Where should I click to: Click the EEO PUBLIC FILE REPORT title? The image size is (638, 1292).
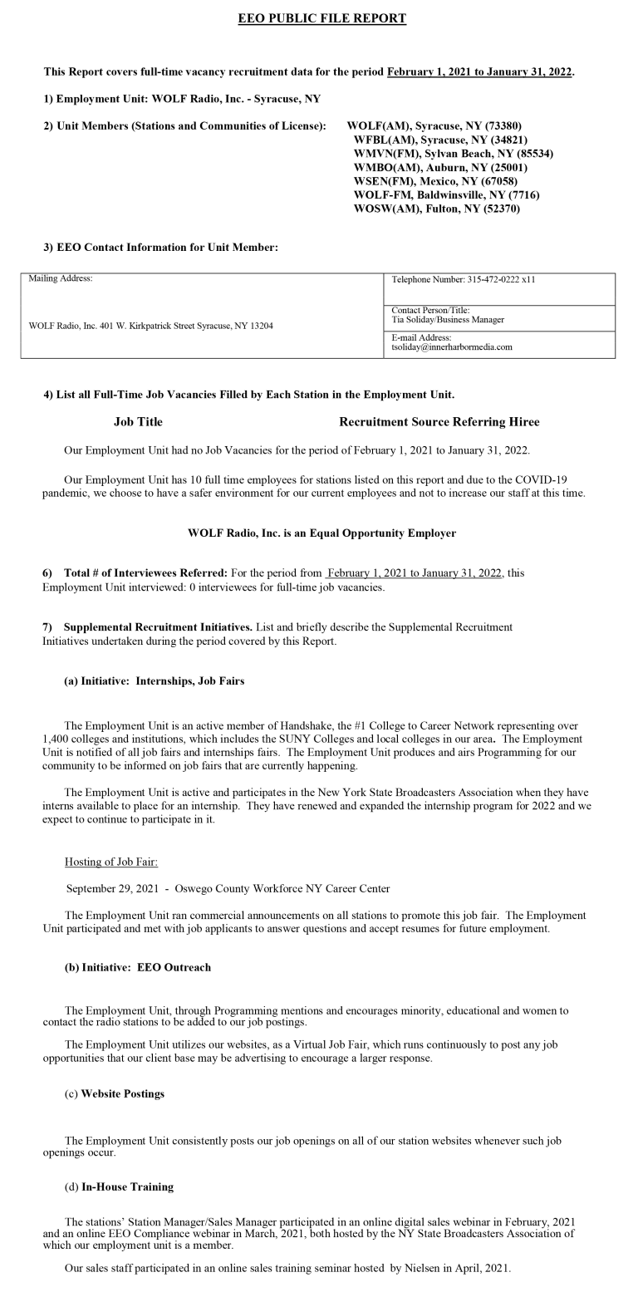321,18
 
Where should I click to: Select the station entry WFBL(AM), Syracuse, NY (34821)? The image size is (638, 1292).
439,140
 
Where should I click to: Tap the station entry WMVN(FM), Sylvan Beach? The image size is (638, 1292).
453,154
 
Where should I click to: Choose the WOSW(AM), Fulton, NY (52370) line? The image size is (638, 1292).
436,209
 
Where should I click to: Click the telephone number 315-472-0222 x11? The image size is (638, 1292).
463,279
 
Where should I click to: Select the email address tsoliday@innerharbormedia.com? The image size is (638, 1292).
451,347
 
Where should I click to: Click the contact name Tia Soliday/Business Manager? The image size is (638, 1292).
448,320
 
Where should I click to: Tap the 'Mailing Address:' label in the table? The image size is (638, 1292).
61,279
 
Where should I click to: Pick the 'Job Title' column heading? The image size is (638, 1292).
138,422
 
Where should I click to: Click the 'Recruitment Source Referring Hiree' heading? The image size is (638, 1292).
439,422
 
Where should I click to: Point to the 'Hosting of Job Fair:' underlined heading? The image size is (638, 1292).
110,862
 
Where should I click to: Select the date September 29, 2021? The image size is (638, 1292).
112,889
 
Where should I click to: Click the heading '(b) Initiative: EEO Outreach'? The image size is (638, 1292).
137,968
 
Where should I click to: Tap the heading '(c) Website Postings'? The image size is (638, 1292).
114,1094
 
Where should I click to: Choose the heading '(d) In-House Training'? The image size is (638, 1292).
119,1187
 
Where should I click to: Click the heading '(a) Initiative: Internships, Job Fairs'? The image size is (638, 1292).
154,681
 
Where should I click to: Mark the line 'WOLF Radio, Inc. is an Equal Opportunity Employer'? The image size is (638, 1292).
321,533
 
